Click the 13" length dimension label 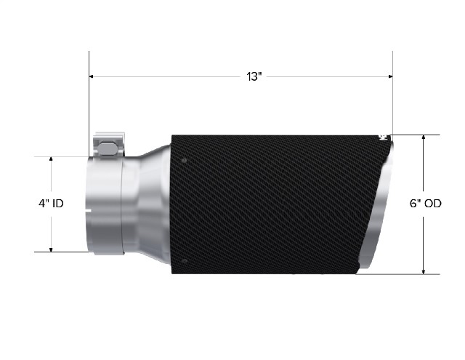tap(254, 76)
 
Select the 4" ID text tap(51, 204)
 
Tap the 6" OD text tap(426, 204)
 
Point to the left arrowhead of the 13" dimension tap(92, 76)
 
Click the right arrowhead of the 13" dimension tap(390, 76)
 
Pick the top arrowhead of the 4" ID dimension tap(51, 159)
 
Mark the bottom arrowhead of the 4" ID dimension tap(51, 249)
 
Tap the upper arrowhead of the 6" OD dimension tap(424, 137)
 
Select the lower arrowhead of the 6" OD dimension tap(424, 271)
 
